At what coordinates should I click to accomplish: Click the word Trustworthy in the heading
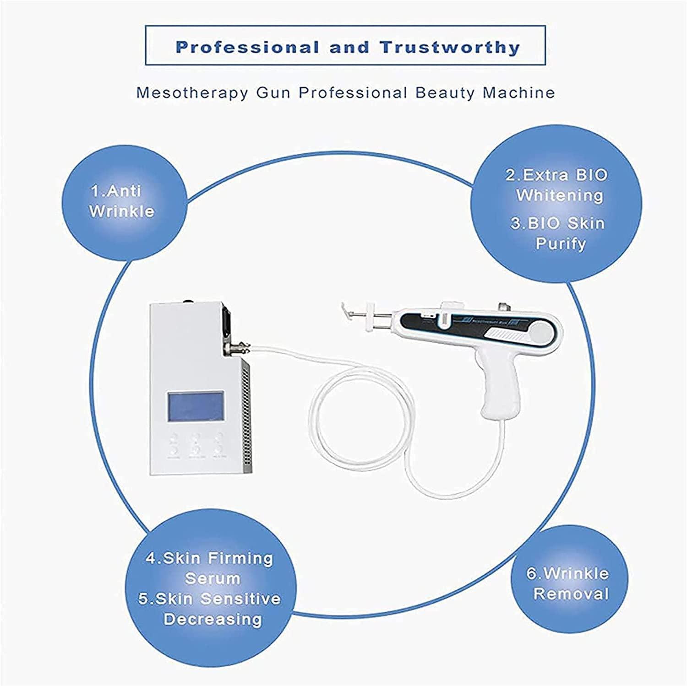(x=451, y=47)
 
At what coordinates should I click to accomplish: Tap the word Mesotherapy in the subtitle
(x=192, y=93)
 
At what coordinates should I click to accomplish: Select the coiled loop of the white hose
(x=348, y=407)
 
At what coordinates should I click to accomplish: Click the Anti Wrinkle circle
(x=122, y=201)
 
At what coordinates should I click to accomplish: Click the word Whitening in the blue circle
(x=559, y=195)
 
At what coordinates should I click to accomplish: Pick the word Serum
(x=213, y=578)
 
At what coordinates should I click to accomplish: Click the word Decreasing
(x=213, y=619)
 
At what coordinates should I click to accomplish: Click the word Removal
(x=571, y=594)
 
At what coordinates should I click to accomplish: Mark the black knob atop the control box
(x=187, y=302)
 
